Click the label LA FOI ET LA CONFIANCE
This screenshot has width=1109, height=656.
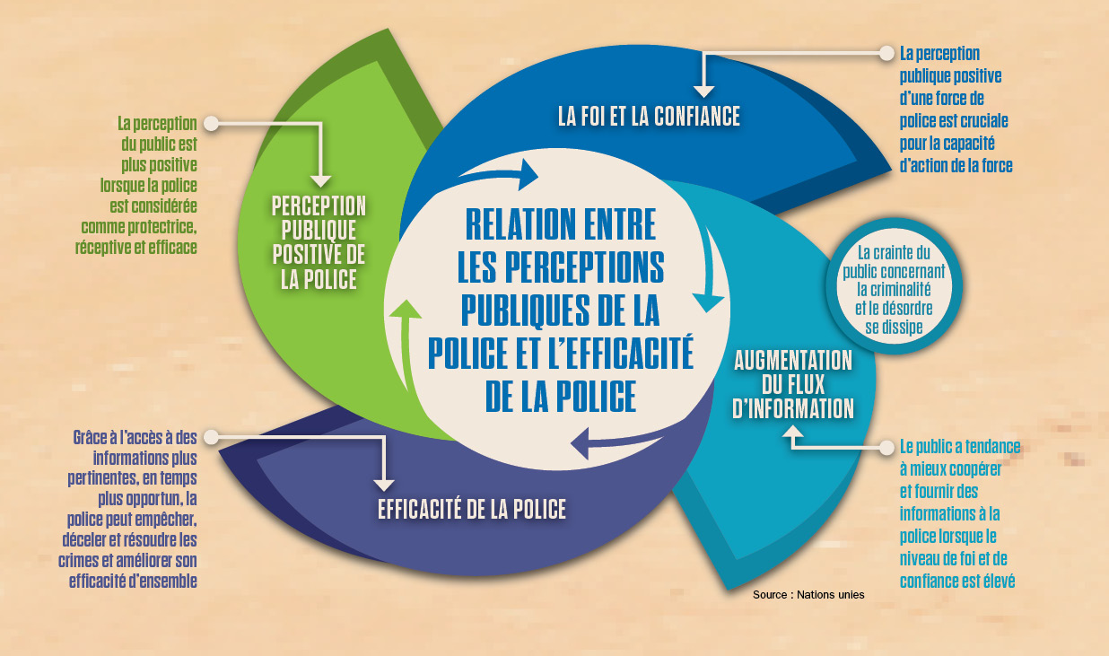click(x=649, y=117)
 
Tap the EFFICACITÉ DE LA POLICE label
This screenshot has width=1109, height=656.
click(x=472, y=510)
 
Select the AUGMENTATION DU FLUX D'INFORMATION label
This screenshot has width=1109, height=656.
click(x=793, y=385)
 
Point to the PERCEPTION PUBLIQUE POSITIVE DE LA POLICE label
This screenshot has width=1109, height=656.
click(x=319, y=242)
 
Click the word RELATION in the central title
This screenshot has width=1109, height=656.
click(x=561, y=224)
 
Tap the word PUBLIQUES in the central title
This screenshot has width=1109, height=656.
click(x=525, y=311)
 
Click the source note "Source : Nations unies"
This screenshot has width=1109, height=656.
click(x=808, y=595)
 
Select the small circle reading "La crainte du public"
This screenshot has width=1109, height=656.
click(x=894, y=286)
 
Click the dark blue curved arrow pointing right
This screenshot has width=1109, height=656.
click(x=500, y=174)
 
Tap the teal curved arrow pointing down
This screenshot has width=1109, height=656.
click(x=712, y=271)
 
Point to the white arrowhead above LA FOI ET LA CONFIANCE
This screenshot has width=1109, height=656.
click(x=703, y=92)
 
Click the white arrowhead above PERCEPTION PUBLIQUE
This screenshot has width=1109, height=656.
click(x=321, y=181)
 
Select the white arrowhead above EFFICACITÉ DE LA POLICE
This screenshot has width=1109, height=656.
click(x=384, y=485)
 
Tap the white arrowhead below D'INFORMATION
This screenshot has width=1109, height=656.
click(x=793, y=432)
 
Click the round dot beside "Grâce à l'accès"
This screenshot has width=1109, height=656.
click(x=212, y=437)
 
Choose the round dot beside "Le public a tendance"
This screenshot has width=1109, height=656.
click(x=886, y=448)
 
